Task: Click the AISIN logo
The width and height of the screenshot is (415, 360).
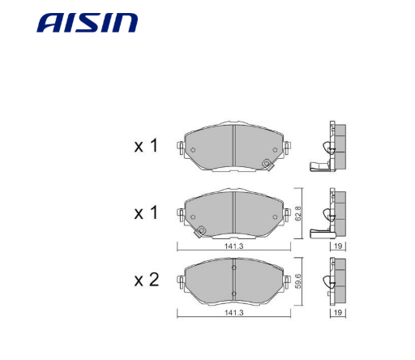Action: tap(87, 22)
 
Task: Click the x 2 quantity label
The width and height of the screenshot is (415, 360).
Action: tap(146, 281)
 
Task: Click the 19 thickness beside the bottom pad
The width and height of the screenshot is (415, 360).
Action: tap(335, 311)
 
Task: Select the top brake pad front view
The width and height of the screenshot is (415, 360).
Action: tap(233, 148)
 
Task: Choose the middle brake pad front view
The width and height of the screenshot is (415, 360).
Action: tap(233, 214)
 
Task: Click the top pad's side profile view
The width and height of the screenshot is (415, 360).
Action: tap(333, 147)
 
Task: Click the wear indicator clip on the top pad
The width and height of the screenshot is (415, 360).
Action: tap(266, 165)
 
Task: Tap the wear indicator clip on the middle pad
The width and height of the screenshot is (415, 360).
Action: tap(202, 230)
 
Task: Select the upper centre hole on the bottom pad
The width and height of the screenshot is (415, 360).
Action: tap(233, 269)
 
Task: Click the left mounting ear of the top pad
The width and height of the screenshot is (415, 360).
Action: tap(182, 150)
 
